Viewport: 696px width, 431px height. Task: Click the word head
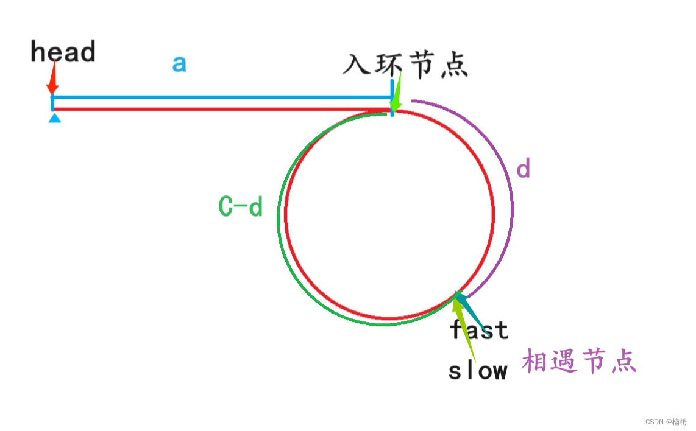tap(63, 53)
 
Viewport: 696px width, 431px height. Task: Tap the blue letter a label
tap(179, 63)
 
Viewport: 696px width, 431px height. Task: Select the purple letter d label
tap(523, 169)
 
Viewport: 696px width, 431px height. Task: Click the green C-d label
tap(240, 208)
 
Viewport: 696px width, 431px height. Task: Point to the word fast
tap(479, 331)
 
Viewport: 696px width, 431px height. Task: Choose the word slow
tap(478, 371)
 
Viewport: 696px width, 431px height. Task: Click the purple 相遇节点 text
tap(578, 362)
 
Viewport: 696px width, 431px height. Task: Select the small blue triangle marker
tap(54, 118)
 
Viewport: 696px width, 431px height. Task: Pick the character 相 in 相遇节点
tap(534, 362)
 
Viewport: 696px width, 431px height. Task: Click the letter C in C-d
tap(226, 208)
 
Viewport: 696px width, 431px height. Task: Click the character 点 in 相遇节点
tap(622, 362)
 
